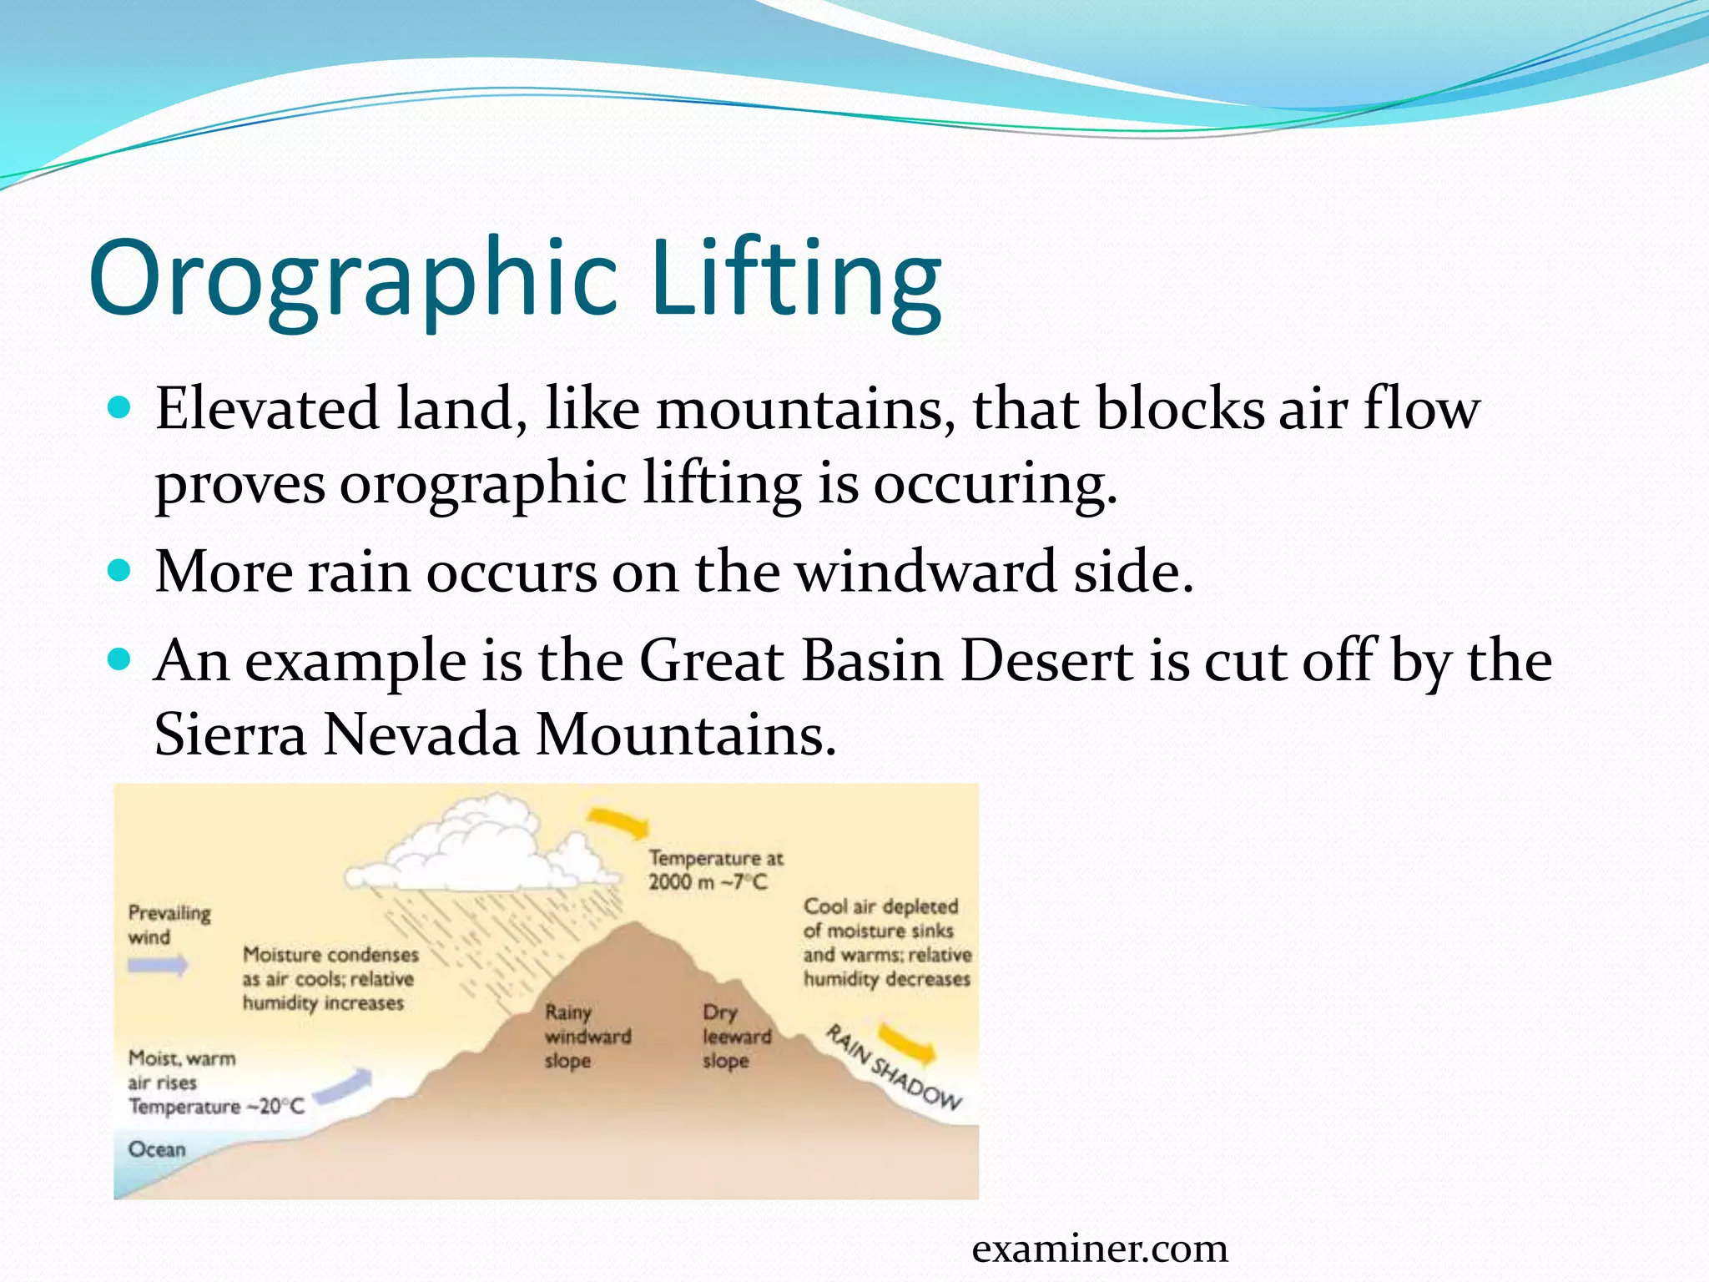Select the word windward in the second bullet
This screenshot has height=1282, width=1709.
pos(925,573)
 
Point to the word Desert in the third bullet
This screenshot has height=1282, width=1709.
pos(1046,662)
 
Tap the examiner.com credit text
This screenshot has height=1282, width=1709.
pos(1100,1249)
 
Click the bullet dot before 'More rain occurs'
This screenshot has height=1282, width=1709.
pos(121,572)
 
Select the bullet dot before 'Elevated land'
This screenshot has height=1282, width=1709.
pos(121,408)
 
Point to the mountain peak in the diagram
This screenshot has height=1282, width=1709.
pos(636,926)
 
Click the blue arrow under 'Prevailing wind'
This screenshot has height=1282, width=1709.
pos(158,966)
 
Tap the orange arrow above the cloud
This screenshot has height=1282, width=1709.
pos(619,823)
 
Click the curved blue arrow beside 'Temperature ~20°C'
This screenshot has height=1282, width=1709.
pos(345,1085)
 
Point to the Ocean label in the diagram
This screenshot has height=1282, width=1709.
pos(157,1149)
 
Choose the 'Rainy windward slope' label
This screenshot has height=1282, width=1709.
pos(587,1037)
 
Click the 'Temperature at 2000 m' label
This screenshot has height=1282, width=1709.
pos(716,870)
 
